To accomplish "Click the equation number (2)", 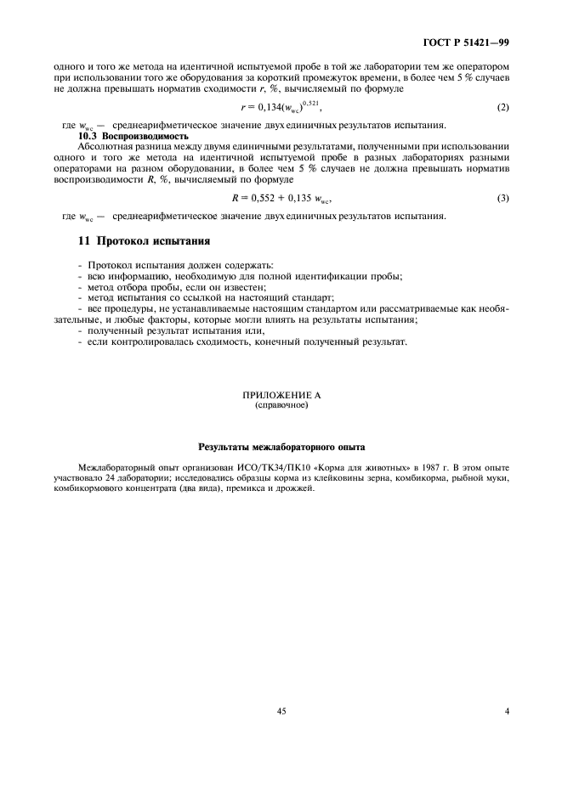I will (x=503, y=110).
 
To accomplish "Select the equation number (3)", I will (x=503, y=198).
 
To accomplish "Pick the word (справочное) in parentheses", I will (x=281, y=405).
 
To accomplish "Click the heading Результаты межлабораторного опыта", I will (x=281, y=445).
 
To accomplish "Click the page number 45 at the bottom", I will (x=281, y=712).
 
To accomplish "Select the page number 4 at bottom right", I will (x=506, y=712).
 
